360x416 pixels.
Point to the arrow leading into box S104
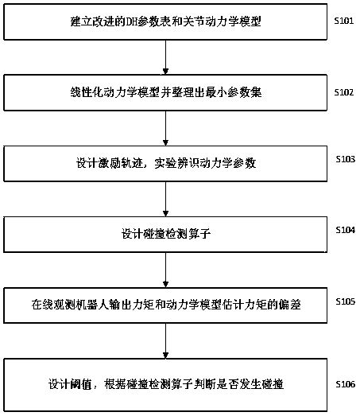pos(165,198)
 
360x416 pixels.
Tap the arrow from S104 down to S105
pos(165,269)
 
